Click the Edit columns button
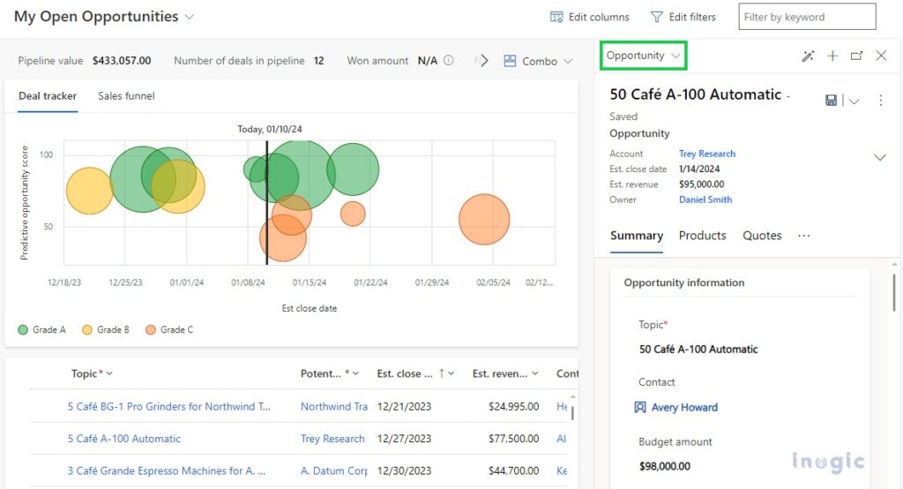pos(590,17)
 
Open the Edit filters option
pos(683,17)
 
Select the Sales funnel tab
pos(126,96)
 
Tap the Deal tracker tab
pos(48,96)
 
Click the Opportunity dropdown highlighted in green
pos(644,56)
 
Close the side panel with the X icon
pos(881,56)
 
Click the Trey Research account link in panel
pos(706,154)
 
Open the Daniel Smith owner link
pos(705,199)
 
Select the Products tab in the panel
pos(702,236)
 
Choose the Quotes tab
pos(762,236)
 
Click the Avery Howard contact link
pos(683,408)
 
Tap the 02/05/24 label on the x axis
pos(493,283)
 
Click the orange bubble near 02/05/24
pos(484,220)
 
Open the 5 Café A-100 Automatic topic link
pos(124,439)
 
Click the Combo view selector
pos(539,61)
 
